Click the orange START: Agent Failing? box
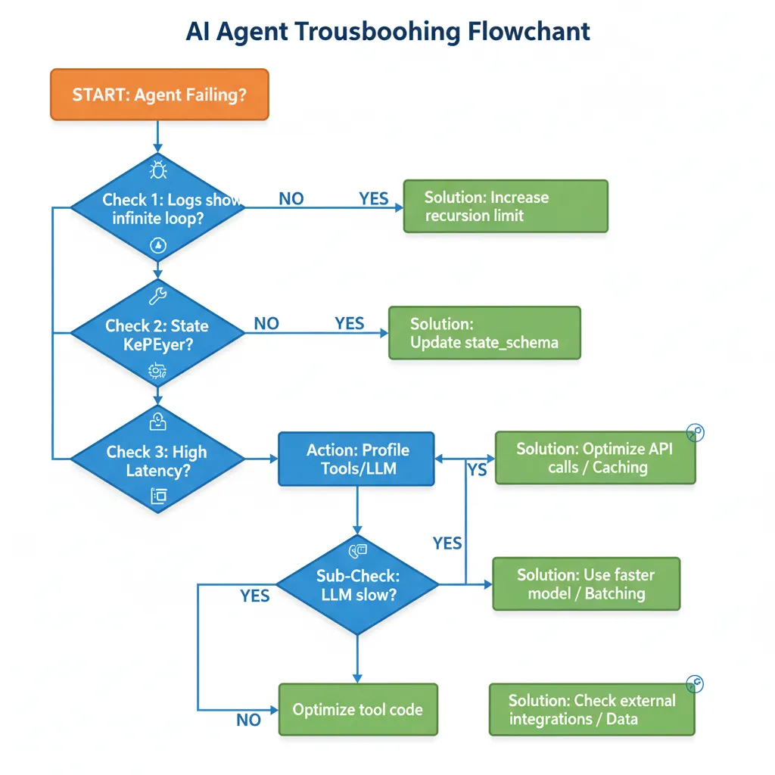point(159,95)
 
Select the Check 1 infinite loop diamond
point(158,208)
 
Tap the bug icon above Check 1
point(158,169)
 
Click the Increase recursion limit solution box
point(506,206)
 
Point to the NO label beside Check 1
point(291,199)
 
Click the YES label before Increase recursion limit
point(373,199)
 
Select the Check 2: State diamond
point(157,334)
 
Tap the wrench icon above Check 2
point(157,294)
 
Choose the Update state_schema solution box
point(484,333)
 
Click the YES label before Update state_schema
point(349,324)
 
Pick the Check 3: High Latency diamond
point(157,459)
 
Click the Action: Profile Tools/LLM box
point(356,459)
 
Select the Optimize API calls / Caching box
point(594,458)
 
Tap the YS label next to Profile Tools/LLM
point(477,470)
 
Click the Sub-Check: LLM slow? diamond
point(357,584)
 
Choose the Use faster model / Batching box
point(586,584)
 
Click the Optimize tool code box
point(357,710)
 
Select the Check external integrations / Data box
point(591,709)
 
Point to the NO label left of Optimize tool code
point(248,720)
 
